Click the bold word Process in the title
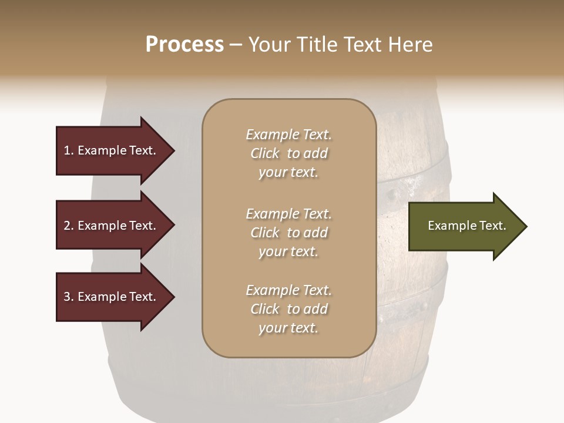[x=184, y=45]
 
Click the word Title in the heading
[x=316, y=45]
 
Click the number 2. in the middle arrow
[x=69, y=226]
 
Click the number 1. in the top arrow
[x=69, y=150]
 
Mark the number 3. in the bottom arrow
[x=69, y=297]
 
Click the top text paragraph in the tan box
[x=288, y=153]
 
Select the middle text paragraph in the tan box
[x=288, y=233]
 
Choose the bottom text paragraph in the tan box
[x=288, y=309]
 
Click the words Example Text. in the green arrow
[x=466, y=226]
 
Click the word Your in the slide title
[x=270, y=45]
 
